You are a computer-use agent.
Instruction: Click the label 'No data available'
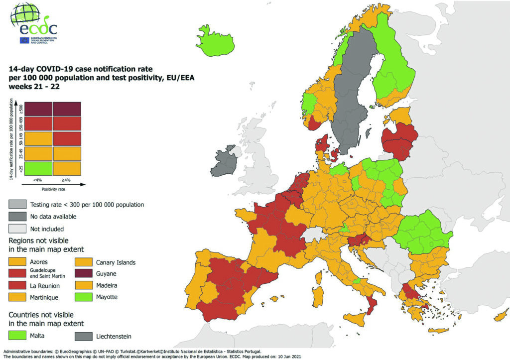pos(54,217)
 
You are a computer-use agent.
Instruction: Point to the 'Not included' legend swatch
pos(17,229)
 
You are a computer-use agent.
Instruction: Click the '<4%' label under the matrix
pos(38,180)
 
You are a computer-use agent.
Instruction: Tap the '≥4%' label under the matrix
pos(66,180)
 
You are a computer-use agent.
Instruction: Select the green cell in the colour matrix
pos(38,168)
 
